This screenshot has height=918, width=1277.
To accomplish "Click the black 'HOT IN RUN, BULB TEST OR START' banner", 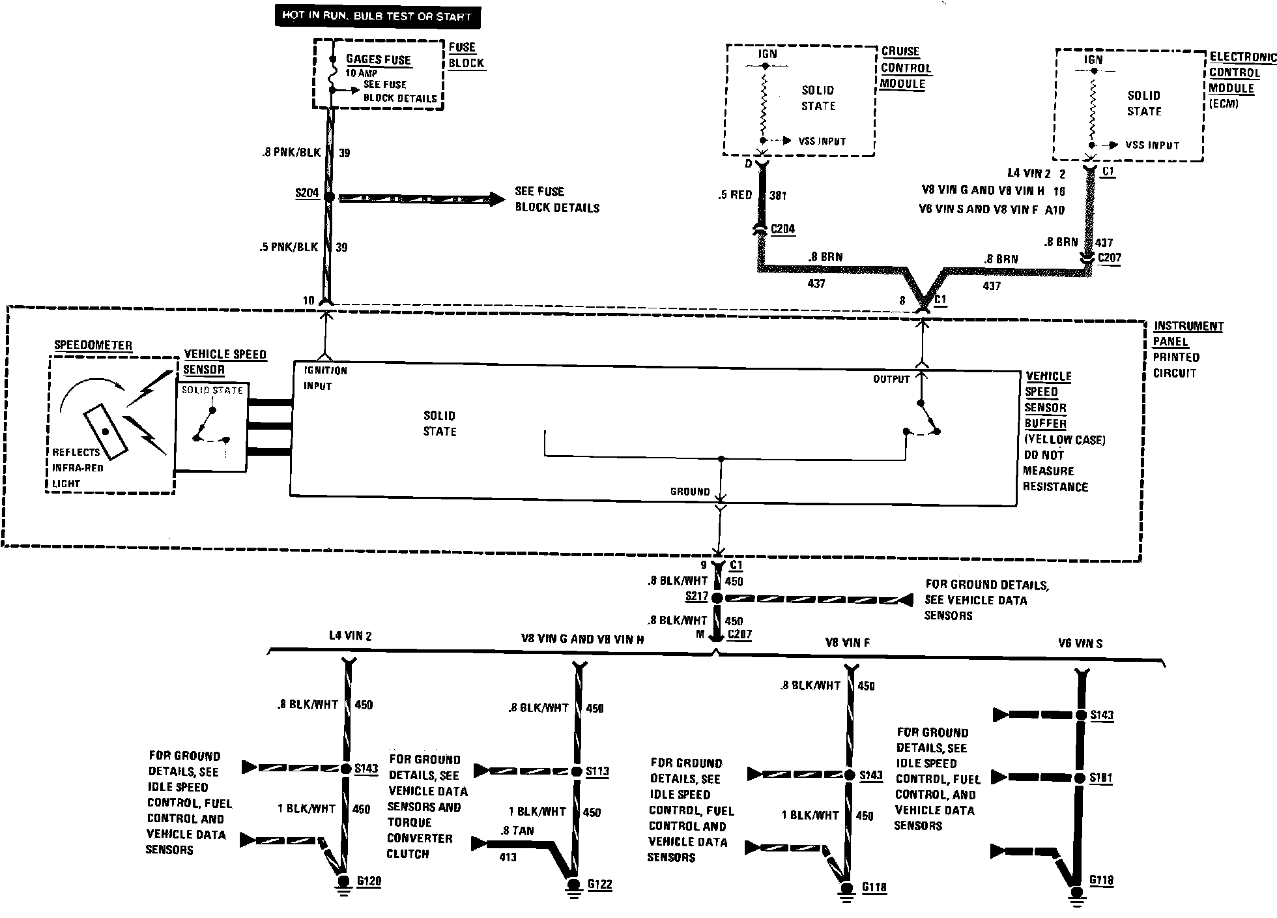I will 377,16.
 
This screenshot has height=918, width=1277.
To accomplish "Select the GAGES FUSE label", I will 378,59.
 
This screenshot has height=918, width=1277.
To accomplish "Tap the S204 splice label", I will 306,193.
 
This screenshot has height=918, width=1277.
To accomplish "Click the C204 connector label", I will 782,229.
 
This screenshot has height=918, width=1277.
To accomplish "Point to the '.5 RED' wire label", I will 736,195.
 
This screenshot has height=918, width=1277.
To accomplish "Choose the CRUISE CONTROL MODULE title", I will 906,68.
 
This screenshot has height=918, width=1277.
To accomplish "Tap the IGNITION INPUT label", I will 325,378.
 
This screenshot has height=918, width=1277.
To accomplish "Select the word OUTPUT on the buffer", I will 891,379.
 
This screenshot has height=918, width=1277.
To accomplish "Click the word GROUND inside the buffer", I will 689,492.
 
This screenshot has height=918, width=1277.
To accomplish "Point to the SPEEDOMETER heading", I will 93,346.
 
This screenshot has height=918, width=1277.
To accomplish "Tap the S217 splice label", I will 696,597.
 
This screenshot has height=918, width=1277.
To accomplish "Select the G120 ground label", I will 369,881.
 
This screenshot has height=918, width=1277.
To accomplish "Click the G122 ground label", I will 599,884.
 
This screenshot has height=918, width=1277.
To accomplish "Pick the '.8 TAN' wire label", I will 518,831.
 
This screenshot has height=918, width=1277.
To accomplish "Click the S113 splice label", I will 597,772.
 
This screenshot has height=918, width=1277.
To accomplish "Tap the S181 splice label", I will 1101,778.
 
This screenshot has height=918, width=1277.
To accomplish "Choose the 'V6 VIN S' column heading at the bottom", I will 1080,644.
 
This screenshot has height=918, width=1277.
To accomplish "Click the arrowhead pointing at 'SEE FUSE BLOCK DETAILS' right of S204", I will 496,199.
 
